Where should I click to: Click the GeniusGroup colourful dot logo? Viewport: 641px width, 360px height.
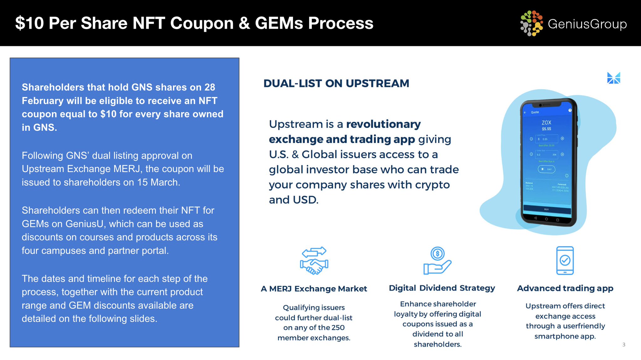[x=531, y=23]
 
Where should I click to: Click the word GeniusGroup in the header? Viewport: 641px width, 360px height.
[x=587, y=24]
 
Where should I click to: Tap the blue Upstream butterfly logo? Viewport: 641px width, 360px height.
[x=613, y=78]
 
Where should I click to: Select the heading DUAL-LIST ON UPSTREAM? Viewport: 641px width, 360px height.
[x=336, y=84]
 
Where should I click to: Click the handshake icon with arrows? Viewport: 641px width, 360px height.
[x=314, y=261]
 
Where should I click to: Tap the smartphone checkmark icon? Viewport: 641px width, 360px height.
[x=565, y=261]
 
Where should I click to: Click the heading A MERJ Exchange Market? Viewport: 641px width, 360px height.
[x=314, y=289]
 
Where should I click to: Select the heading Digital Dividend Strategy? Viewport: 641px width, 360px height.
[x=442, y=288]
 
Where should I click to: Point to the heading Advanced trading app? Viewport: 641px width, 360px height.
[x=565, y=288]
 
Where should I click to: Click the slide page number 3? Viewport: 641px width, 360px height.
[x=623, y=345]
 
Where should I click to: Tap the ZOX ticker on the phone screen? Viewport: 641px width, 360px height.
[x=546, y=123]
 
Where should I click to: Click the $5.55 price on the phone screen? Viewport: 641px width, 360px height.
[x=546, y=129]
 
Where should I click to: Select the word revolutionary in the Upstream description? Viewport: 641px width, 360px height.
[x=383, y=124]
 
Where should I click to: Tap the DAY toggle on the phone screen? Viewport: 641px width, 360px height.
[x=546, y=169]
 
